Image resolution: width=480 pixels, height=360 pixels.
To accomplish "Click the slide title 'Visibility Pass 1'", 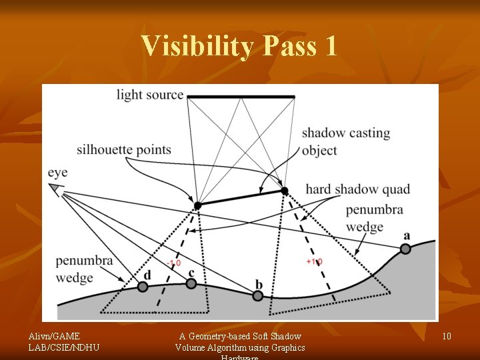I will (239, 46).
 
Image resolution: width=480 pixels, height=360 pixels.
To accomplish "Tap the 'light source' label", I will (149, 95).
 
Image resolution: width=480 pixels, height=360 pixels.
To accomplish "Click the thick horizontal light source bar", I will (241, 97).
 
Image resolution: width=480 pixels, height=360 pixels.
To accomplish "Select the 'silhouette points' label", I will (123, 150).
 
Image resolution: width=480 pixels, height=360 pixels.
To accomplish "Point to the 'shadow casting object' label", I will (345, 141).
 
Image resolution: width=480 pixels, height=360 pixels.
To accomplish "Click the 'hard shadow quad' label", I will (357, 189).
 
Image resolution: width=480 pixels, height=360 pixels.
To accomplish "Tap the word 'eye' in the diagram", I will (57, 173).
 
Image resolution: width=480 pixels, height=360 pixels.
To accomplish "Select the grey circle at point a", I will (405, 249).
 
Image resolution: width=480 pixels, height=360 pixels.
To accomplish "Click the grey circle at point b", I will (259, 295).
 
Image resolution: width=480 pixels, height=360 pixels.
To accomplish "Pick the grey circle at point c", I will (191, 283).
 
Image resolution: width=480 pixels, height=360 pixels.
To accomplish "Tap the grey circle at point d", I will (142, 287).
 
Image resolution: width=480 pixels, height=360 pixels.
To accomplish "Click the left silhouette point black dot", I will (197, 205).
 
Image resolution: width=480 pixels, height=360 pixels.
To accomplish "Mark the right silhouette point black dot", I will (285, 191).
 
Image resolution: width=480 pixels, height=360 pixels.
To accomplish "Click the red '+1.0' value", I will (314, 262).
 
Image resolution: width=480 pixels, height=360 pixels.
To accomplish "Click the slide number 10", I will (446, 336).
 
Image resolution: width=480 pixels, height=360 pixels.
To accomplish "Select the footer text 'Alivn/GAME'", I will (53, 336).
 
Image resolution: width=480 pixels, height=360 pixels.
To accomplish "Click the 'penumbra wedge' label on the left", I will (84, 269).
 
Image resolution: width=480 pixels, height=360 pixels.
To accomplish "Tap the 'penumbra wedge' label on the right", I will (374, 218).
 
